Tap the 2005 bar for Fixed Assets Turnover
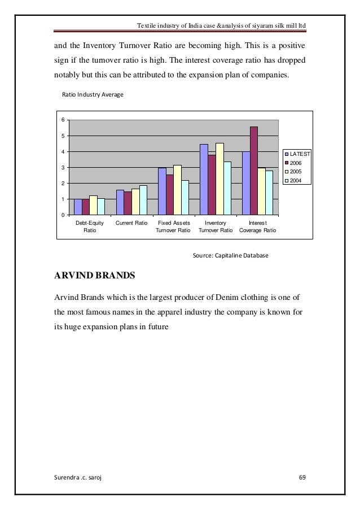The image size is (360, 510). coord(177,190)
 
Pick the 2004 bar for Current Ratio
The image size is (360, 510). coord(143,200)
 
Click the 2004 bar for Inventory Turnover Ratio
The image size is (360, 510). coord(227,188)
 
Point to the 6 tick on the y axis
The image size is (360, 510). coord(63,120)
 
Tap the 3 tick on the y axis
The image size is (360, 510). coord(63,168)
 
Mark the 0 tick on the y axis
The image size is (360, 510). coord(63,215)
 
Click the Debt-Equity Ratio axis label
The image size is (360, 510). coord(90,227)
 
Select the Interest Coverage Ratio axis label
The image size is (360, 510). coord(258,227)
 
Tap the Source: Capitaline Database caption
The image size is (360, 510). coord(231,256)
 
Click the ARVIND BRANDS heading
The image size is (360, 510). coord(94,277)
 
